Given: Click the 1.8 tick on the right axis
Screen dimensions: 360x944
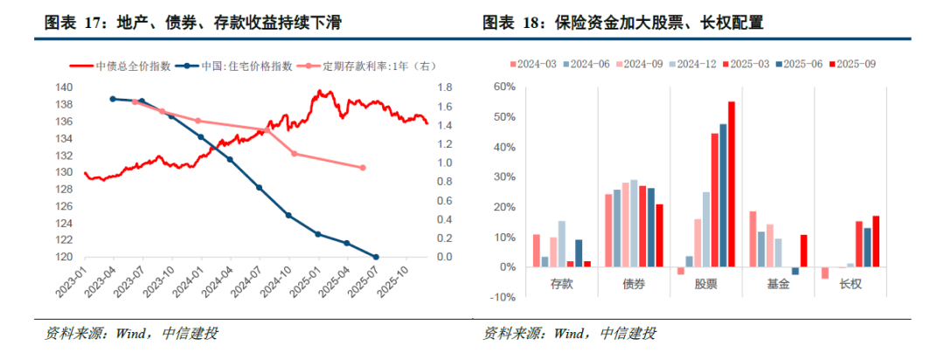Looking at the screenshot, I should click(444, 87).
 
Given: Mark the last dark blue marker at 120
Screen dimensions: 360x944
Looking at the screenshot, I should click(376, 257).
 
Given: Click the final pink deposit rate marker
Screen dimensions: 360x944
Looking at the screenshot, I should click(363, 168).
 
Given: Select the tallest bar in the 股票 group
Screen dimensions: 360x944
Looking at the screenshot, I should click(732, 184).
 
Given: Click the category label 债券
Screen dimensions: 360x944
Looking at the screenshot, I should click(634, 284).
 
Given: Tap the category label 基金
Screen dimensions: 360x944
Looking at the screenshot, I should click(778, 284).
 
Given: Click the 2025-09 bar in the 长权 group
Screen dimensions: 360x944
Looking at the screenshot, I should click(876, 241).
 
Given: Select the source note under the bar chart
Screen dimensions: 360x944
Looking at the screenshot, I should click(569, 333).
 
